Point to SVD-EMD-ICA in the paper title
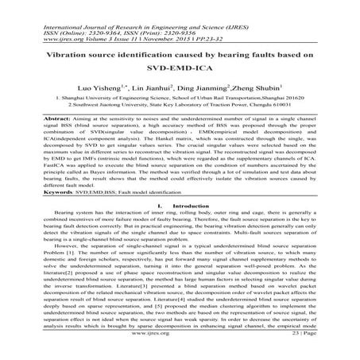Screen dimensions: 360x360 pos(180,69)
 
